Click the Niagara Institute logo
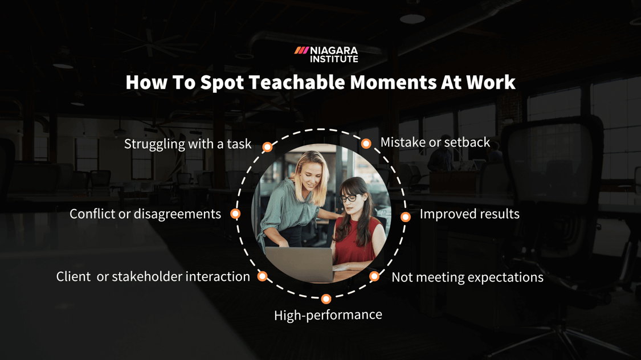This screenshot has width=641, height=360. [x=326, y=54]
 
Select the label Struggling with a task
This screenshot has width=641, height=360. [x=187, y=144]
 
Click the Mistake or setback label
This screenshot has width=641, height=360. [x=435, y=142]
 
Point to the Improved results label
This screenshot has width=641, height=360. [x=469, y=214]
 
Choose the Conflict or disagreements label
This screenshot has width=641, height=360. [x=145, y=214]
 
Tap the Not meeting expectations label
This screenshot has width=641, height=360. [x=467, y=277]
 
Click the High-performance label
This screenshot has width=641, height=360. [x=328, y=315]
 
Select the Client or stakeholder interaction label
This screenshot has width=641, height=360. [x=153, y=277]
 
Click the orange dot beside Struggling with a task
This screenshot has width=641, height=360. [x=267, y=147]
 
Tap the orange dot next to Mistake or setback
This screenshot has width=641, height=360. [x=366, y=144]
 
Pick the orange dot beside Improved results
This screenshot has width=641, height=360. [x=406, y=216]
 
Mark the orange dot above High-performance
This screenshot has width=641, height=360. [x=326, y=298]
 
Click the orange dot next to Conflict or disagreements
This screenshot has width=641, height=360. [x=235, y=214]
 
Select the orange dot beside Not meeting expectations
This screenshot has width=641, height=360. [x=374, y=276]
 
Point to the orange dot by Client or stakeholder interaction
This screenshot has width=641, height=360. [x=262, y=276]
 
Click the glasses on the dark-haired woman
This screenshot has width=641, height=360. [x=349, y=198]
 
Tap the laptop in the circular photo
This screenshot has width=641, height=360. [x=300, y=264]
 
